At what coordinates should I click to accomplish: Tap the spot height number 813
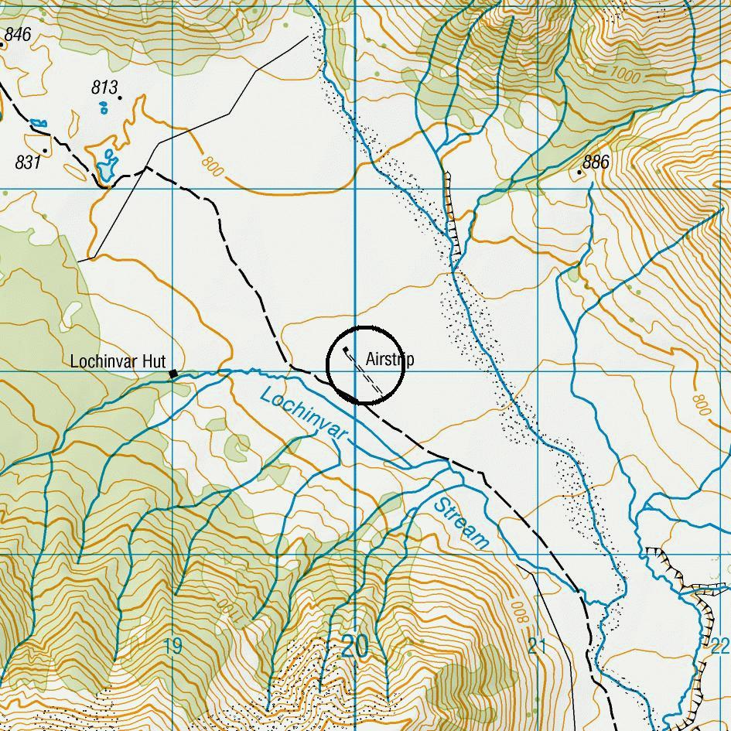click(104, 87)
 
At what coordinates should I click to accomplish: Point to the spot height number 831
click(28, 162)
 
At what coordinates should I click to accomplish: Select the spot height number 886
click(596, 162)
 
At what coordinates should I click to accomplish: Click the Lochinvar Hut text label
click(118, 361)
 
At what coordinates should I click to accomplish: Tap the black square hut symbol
click(173, 374)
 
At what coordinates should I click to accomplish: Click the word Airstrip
click(390, 360)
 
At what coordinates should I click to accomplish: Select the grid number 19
click(173, 646)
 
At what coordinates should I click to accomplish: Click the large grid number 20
click(354, 646)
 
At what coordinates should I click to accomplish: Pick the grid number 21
click(537, 646)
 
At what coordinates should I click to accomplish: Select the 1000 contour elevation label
click(626, 73)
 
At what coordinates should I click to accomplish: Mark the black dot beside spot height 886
click(579, 173)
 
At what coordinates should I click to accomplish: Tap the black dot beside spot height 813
click(120, 97)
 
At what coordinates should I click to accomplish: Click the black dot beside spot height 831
click(46, 150)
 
